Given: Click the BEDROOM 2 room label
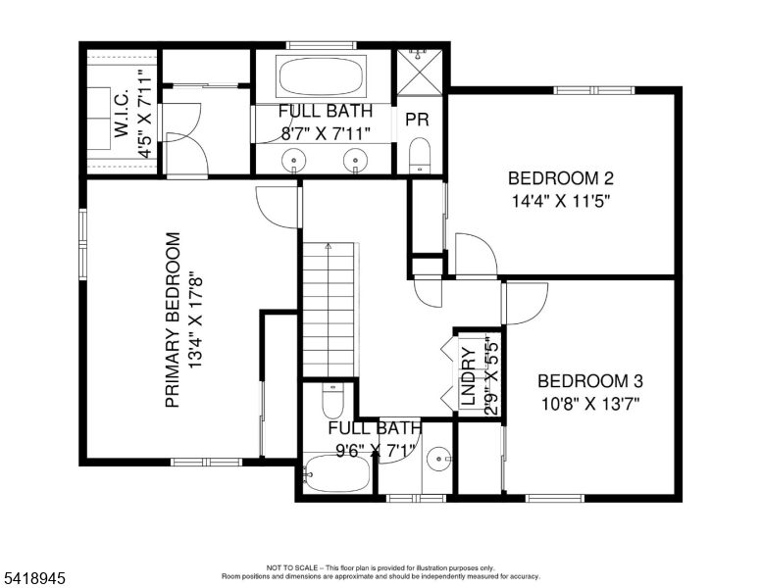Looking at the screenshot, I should (561, 178).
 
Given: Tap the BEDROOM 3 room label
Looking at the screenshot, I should (590, 380).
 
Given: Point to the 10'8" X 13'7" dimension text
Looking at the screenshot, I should (590, 403).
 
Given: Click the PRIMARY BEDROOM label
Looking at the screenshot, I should (173, 319).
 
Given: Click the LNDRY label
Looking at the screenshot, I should (468, 377).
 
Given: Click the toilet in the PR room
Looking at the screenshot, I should (420, 154).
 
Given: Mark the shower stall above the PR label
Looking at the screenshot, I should (420, 70).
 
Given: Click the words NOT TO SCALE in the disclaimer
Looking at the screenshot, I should (291, 567).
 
